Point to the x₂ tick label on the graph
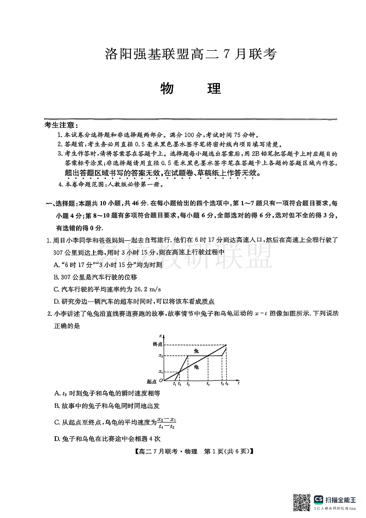tap(160, 356)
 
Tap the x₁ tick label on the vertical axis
tap(160, 371)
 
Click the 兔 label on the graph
tap(195, 351)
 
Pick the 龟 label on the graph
tap(196, 367)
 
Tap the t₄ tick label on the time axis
tap(208, 384)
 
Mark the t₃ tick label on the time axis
tap(188, 384)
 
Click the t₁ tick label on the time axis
tap(174, 384)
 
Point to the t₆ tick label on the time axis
tap(227, 384)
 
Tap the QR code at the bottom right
tap(302, 502)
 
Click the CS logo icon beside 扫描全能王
tap(319, 499)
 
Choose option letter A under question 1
tap(56, 264)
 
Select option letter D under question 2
tap(56, 439)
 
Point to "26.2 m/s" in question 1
tap(146, 289)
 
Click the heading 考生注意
tap(61, 125)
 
